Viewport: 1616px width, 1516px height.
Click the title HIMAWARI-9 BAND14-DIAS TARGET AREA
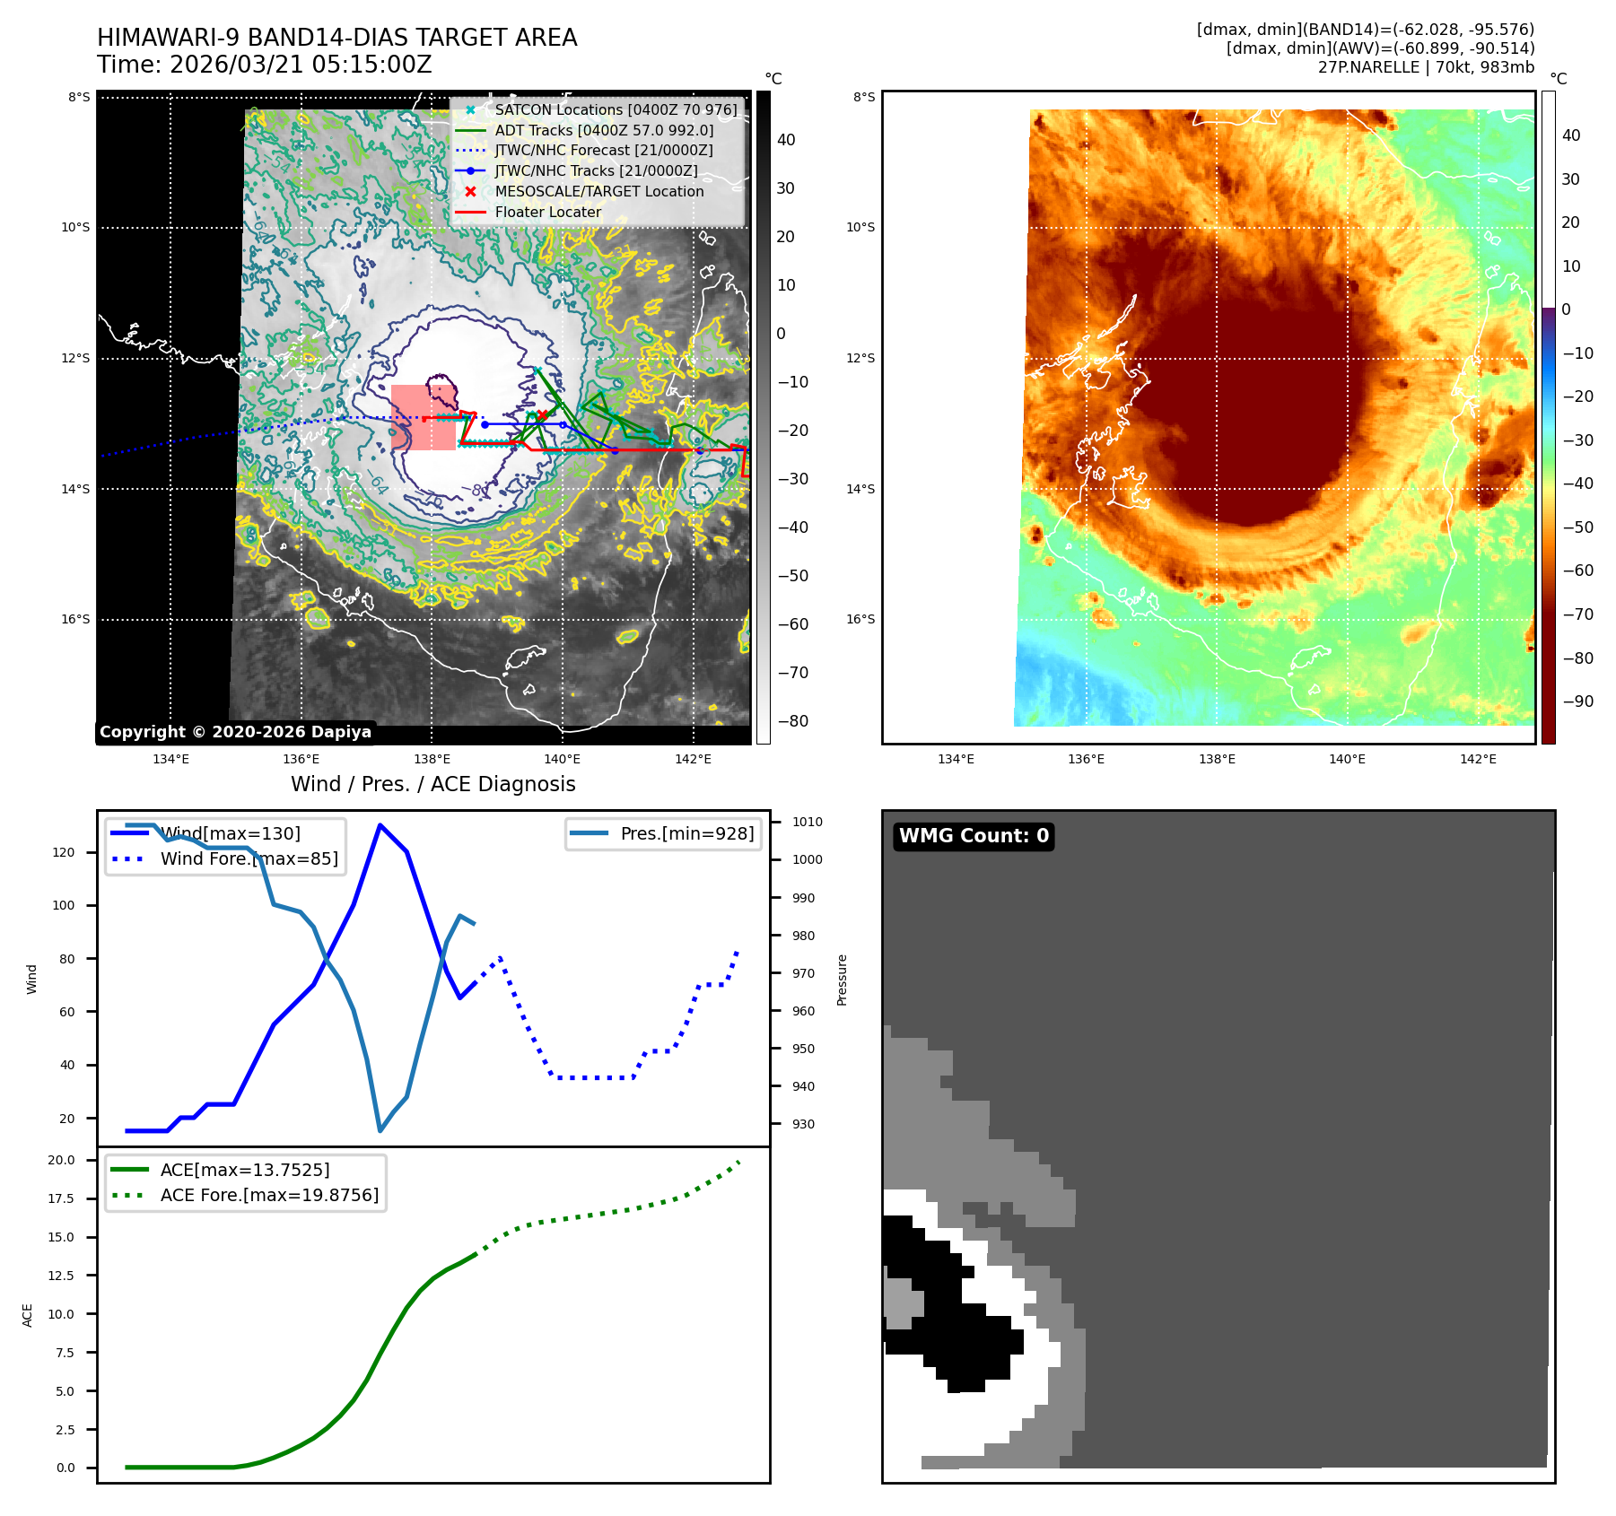coord(336,38)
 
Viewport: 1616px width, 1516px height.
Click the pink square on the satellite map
coord(423,417)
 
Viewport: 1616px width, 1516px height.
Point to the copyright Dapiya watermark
coord(235,732)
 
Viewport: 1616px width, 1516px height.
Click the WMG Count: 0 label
coord(974,836)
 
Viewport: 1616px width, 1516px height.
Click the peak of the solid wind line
coord(380,824)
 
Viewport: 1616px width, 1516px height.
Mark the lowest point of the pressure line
coord(380,1130)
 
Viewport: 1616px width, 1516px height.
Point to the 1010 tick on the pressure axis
coord(807,822)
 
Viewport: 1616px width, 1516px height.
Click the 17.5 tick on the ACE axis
coord(61,1198)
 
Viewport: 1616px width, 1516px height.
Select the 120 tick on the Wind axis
coord(64,852)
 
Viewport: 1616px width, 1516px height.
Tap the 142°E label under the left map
coord(693,759)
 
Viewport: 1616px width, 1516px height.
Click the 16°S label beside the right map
coord(860,619)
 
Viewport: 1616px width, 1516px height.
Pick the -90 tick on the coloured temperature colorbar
coord(1577,701)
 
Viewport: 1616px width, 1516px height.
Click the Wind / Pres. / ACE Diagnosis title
coord(432,784)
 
